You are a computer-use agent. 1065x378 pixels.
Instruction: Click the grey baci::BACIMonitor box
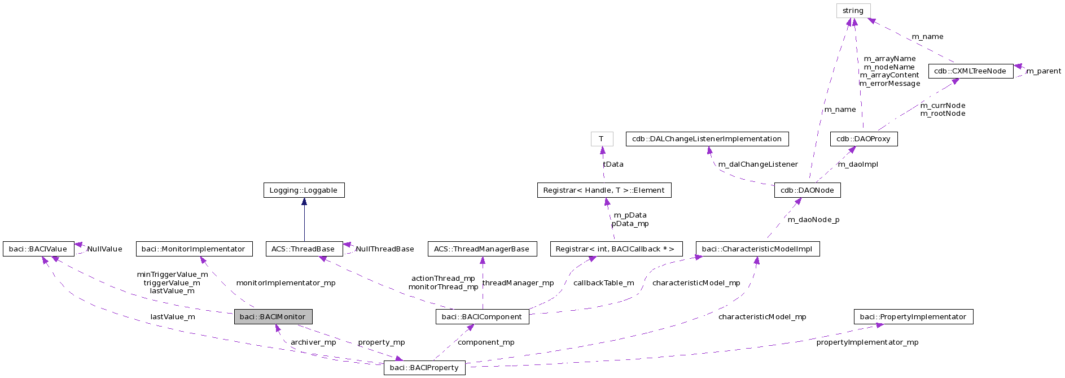pyautogui.click(x=273, y=316)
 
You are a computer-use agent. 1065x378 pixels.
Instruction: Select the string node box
pyautogui.click(x=853, y=11)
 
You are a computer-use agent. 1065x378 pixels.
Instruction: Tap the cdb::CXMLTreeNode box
pyautogui.click(x=970, y=71)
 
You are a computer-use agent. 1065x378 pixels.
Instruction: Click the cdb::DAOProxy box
pyautogui.click(x=864, y=139)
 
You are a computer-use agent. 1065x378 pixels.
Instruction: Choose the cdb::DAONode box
pyautogui.click(x=807, y=190)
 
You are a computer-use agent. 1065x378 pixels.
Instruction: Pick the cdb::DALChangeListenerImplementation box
pyautogui.click(x=707, y=139)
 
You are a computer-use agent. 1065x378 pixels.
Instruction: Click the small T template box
pyautogui.click(x=602, y=139)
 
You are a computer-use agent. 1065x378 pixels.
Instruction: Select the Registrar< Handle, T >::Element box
pyautogui.click(x=604, y=190)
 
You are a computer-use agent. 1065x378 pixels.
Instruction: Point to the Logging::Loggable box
pyautogui.click(x=304, y=190)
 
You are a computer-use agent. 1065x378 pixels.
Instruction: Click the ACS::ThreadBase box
pyautogui.click(x=304, y=249)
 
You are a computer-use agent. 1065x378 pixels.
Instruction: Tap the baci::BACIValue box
pyautogui.click(x=38, y=249)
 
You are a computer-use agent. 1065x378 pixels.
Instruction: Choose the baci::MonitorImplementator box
pyautogui.click(x=194, y=249)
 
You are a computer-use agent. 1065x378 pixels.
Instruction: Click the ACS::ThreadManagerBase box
pyautogui.click(x=481, y=249)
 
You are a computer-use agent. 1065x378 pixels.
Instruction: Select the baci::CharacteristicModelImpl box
pyautogui.click(x=757, y=249)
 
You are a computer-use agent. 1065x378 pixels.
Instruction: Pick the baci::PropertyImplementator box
pyautogui.click(x=913, y=317)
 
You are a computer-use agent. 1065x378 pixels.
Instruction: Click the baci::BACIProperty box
pyautogui.click(x=424, y=368)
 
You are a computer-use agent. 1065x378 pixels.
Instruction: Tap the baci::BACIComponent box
pyautogui.click(x=482, y=317)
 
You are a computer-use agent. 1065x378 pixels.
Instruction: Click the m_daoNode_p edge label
pyautogui.click(x=813, y=220)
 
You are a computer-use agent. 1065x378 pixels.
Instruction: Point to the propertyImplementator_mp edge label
pyautogui.click(x=867, y=342)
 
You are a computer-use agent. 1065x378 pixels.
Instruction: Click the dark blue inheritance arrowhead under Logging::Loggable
pyautogui.click(x=304, y=202)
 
